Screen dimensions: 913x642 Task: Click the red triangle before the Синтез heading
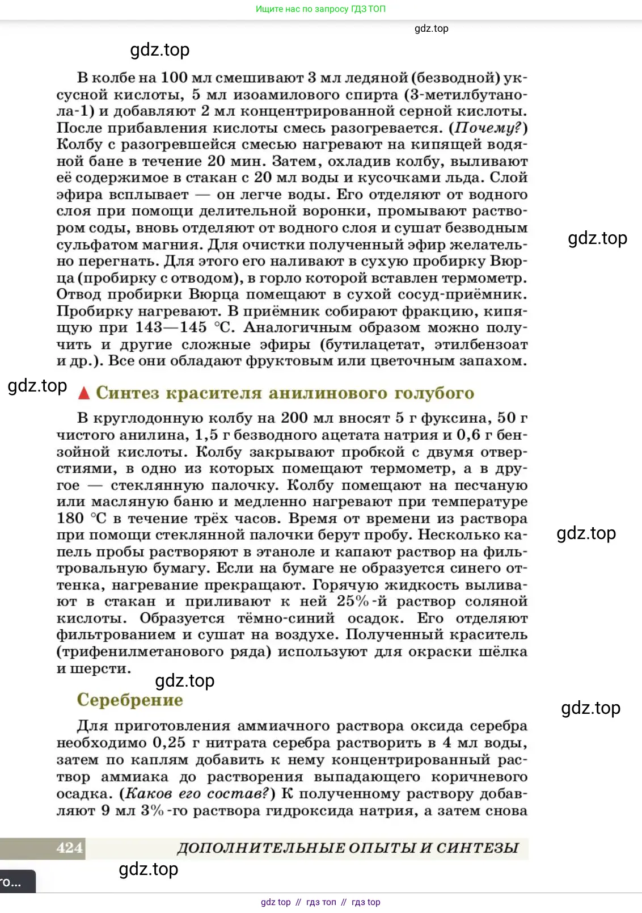[x=84, y=393]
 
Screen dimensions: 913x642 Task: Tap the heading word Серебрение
[x=130, y=700]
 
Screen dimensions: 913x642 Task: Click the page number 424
[x=70, y=848]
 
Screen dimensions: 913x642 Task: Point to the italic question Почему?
[x=488, y=128]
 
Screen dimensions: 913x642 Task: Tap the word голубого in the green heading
[x=434, y=393]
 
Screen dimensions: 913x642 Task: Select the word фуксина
[x=449, y=418]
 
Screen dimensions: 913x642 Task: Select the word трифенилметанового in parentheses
[x=140, y=651]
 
